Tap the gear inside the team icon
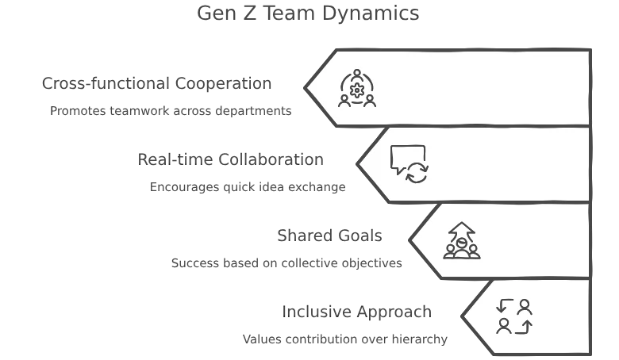pos(357,90)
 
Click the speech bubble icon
pos(407,157)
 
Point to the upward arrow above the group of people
pos(462,232)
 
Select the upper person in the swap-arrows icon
pos(524,306)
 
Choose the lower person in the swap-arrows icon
pos(503,325)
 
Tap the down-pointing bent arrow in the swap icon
pos(503,306)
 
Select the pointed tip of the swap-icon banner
pos(464,316)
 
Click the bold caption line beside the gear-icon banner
pos(171,113)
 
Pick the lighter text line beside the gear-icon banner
pos(156,82)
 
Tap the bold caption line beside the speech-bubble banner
pos(248,190)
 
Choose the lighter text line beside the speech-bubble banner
pos(229,159)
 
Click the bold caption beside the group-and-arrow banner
pos(288,265)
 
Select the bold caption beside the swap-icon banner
pos(345,340)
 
